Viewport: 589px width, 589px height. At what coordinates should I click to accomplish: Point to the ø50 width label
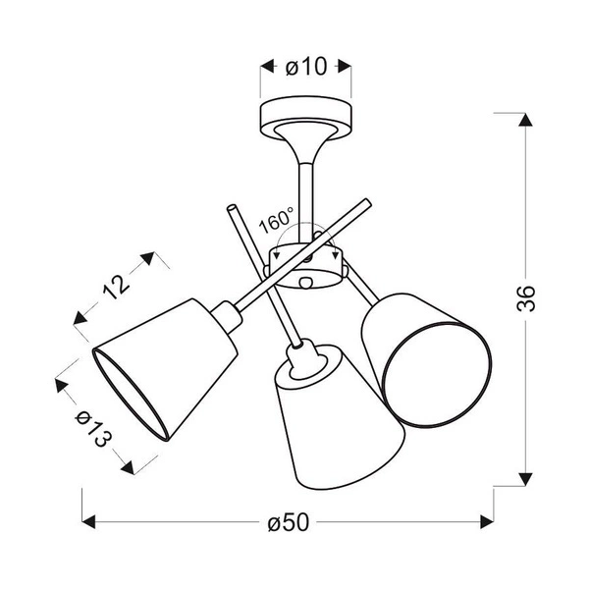(x=287, y=523)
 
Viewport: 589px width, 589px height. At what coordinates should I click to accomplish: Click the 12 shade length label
(x=117, y=286)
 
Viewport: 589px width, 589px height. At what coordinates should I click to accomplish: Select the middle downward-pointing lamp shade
(x=334, y=422)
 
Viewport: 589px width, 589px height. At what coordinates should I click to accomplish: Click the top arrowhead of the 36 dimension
(x=525, y=121)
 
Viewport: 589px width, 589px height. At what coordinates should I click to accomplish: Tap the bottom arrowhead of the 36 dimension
(x=525, y=478)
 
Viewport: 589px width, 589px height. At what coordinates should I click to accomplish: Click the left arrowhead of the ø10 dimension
(x=266, y=68)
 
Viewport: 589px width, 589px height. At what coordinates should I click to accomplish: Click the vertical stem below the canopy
(x=304, y=187)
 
